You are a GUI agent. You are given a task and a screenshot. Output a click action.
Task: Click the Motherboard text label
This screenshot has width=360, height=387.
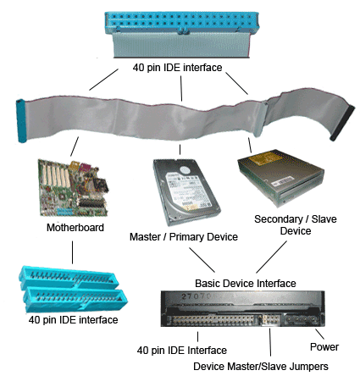tap(75, 228)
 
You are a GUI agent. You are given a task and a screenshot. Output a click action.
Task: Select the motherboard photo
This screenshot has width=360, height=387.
tap(74, 188)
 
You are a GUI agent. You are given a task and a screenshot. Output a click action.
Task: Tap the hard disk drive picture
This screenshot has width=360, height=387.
tap(186, 192)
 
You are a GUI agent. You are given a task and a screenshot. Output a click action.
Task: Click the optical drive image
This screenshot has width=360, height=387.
tap(280, 178)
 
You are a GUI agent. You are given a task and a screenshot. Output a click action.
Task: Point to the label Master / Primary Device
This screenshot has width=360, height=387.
tap(184, 237)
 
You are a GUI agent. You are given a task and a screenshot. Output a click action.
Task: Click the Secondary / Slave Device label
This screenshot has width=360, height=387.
tap(296, 225)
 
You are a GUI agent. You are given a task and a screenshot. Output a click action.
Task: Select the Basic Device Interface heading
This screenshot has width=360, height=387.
tap(246, 284)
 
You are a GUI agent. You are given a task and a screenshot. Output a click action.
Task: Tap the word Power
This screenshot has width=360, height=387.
tap(324, 347)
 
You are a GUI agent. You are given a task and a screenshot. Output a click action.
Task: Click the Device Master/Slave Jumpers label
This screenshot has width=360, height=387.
tap(261, 367)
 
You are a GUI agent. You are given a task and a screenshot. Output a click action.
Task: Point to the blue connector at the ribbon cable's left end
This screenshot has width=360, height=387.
tap(21, 120)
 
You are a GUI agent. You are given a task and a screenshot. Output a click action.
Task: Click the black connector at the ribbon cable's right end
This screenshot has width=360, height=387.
tap(342, 123)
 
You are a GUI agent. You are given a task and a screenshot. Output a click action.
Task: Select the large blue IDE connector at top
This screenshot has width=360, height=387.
tap(182, 35)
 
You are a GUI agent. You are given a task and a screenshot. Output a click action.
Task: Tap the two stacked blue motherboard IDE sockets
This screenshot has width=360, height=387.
tap(73, 289)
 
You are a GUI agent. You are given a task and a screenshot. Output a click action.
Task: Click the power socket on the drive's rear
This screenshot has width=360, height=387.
tap(302, 319)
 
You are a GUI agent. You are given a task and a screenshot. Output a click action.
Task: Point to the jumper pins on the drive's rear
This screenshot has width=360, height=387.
tap(269, 319)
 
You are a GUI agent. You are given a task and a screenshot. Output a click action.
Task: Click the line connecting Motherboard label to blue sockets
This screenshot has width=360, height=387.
tap(72, 252)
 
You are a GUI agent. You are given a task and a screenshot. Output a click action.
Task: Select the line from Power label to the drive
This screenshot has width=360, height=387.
tap(319, 334)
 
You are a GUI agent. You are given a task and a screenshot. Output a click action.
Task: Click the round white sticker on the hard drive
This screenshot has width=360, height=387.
tap(186, 170)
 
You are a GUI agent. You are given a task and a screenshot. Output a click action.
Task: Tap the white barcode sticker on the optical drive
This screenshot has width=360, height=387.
tap(282, 181)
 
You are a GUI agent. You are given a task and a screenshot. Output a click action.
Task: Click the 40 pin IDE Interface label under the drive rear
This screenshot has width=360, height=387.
tap(182, 351)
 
